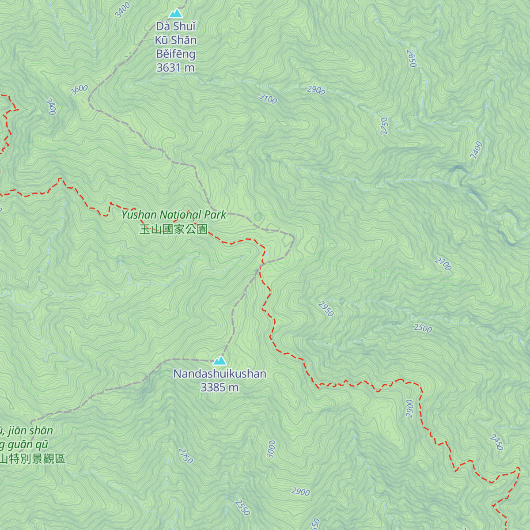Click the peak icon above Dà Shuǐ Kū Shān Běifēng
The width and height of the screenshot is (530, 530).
point(176,13)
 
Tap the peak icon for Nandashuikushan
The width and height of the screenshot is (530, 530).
point(220,361)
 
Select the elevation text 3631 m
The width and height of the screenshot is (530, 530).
point(175,68)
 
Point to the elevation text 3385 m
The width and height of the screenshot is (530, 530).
point(220,387)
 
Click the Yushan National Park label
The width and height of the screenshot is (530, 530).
point(174,215)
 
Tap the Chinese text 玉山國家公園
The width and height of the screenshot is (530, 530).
point(174,229)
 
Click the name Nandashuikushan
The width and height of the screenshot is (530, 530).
point(220,374)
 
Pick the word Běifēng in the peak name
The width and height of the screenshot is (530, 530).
point(175,54)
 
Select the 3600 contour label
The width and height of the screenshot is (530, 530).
point(79,90)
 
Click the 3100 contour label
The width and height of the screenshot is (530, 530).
point(268,98)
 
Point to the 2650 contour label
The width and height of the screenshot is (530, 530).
point(412,58)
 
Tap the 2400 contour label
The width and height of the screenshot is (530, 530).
point(476,150)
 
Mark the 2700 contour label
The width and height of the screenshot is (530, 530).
point(443,264)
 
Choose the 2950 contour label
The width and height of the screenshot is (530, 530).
point(326,309)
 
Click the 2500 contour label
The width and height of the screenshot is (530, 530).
point(423,328)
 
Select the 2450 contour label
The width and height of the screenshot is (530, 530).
point(496,442)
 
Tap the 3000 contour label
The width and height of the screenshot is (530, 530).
point(271,449)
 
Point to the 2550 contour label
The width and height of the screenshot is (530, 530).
point(242,507)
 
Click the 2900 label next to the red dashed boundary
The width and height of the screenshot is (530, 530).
point(410,409)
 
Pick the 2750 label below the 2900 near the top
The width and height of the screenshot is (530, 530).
point(384,126)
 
